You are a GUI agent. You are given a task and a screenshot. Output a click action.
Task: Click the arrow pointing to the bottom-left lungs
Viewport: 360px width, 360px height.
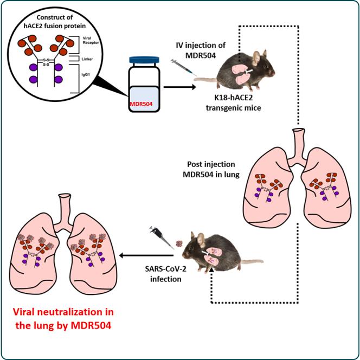point(136,254)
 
